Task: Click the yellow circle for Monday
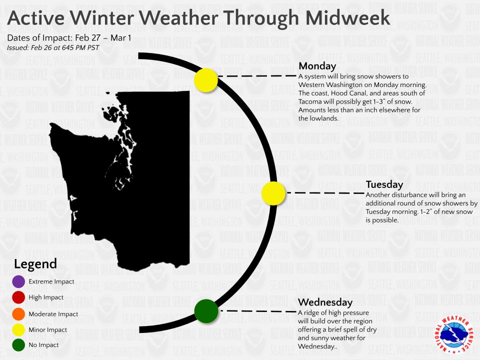click(x=206, y=80)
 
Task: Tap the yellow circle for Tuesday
click(x=273, y=193)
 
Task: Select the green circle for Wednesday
click(x=206, y=310)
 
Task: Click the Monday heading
click(x=317, y=66)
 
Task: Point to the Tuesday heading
click(x=384, y=184)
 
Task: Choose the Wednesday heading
click(x=325, y=302)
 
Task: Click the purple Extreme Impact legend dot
click(x=19, y=282)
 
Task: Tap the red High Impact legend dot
click(x=19, y=298)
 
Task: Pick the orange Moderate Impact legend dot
click(x=19, y=314)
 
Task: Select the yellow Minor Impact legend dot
click(x=19, y=330)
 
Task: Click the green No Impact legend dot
click(x=19, y=345)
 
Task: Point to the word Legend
click(x=35, y=264)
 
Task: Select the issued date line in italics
click(x=53, y=48)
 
